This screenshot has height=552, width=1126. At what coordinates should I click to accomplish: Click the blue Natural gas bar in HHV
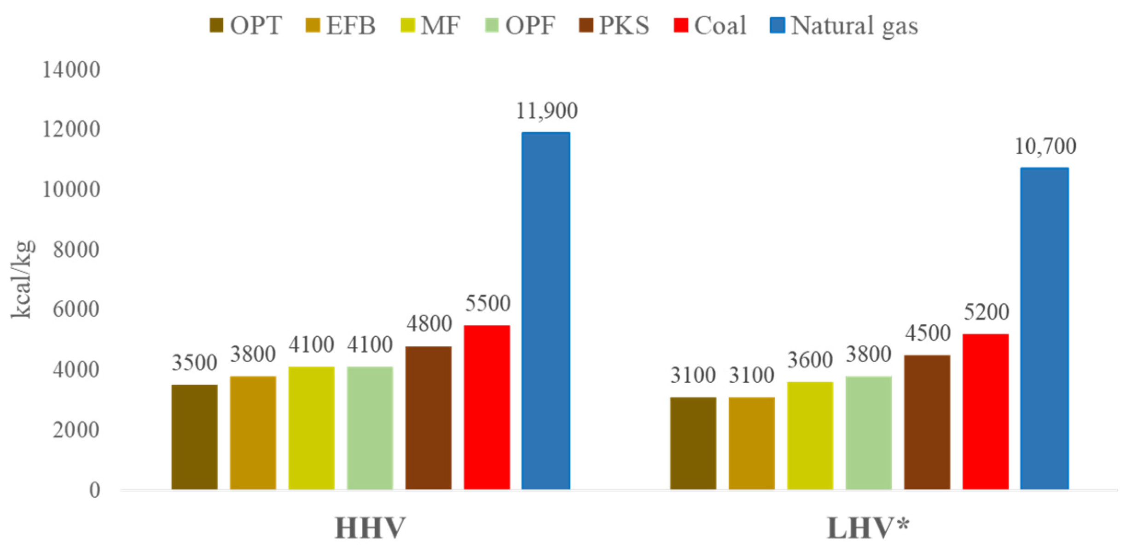(x=546, y=310)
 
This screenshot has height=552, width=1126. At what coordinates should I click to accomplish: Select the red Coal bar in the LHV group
(x=985, y=411)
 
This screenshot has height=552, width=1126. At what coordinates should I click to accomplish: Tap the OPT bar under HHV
(x=194, y=437)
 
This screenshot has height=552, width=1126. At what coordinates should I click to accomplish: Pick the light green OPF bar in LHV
(x=868, y=432)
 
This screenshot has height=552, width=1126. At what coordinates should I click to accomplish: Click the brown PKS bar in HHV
(x=428, y=418)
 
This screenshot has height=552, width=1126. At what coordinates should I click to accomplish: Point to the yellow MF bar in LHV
(x=810, y=435)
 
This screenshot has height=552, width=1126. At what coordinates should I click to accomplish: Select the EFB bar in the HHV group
(x=253, y=432)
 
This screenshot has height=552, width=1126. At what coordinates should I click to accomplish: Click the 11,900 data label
(x=546, y=111)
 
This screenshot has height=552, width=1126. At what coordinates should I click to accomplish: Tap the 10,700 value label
(x=1045, y=146)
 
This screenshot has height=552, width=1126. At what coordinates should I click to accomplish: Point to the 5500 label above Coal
(x=488, y=303)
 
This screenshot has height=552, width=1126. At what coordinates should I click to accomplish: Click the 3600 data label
(x=810, y=360)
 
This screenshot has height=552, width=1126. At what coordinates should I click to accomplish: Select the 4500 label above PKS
(x=928, y=333)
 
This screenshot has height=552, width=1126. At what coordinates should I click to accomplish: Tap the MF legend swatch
(x=407, y=25)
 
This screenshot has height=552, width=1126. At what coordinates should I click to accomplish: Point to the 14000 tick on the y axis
(x=71, y=70)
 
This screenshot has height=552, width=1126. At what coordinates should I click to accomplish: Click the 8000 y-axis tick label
(x=76, y=250)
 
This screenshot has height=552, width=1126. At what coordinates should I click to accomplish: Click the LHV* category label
(x=868, y=528)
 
